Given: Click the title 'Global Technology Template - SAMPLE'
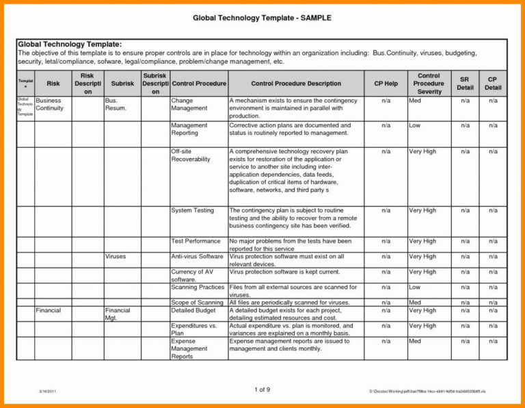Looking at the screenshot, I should click(261, 17).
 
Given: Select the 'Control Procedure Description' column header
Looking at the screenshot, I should click(296, 84).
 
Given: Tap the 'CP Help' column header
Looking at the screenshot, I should click(386, 84).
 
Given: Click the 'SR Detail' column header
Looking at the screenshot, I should click(465, 84).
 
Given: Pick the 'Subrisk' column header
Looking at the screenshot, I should click(122, 84).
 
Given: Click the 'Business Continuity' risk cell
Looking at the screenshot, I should click(49, 104).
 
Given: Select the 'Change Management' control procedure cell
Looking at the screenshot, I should click(189, 104).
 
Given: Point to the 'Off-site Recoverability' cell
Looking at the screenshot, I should click(191, 155).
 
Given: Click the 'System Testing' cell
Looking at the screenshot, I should click(192, 210).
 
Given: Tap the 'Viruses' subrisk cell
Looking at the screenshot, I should click(116, 256).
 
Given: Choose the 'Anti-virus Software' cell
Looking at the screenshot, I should click(197, 256).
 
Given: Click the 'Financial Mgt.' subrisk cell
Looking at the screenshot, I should click(118, 314).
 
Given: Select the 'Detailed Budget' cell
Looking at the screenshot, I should click(193, 310).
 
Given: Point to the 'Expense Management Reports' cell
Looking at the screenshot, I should click(189, 348).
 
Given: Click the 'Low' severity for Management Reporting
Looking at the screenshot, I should click(414, 125).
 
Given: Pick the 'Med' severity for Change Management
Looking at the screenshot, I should click(414, 100).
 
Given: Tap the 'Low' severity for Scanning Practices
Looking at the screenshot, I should click(414, 288).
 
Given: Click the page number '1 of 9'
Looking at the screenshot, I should click(262, 390).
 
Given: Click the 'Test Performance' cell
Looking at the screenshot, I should click(196, 241).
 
